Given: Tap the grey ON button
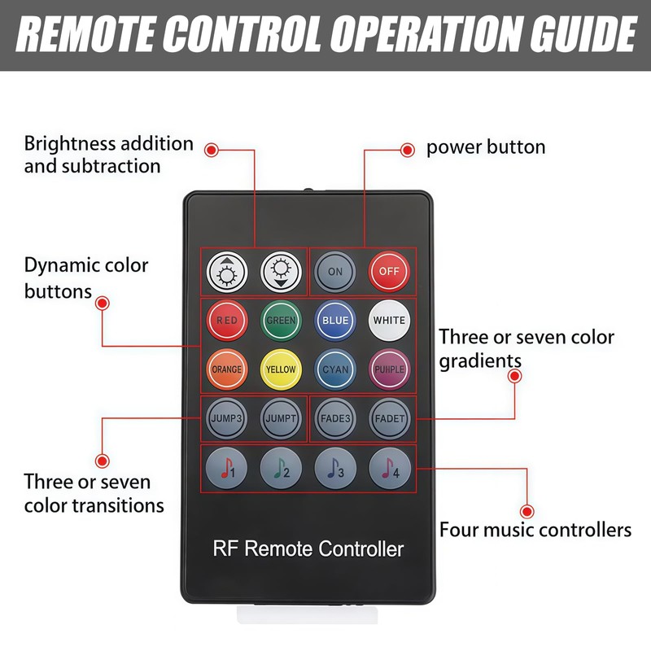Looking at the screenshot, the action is [x=335, y=272].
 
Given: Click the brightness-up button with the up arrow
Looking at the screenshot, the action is [x=226, y=272].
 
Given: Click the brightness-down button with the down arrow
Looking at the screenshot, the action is [x=281, y=272].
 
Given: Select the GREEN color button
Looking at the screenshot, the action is [x=281, y=321].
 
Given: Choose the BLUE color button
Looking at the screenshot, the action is [x=335, y=321].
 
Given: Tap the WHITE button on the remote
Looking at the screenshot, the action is [x=389, y=321].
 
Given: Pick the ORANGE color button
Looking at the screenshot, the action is [x=226, y=369].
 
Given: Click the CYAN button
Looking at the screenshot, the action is [x=335, y=369].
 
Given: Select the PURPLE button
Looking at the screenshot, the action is [x=389, y=369].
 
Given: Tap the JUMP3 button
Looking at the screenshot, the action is [x=226, y=418].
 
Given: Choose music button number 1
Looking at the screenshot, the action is [x=226, y=468].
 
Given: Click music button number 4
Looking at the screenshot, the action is [x=389, y=468].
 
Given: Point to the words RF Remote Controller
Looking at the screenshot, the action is [x=308, y=548].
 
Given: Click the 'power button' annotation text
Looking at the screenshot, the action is [x=486, y=147].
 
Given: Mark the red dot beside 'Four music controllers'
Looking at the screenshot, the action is [x=527, y=512].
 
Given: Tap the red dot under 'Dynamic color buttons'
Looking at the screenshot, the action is [x=102, y=303].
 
